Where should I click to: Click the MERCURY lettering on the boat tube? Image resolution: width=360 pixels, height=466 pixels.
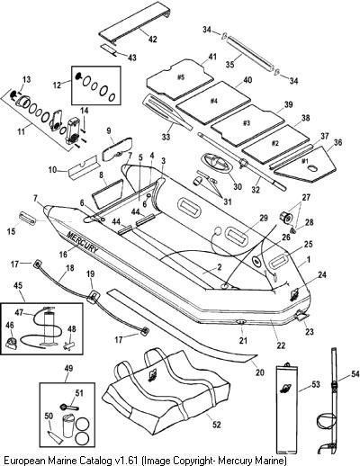coord(82,242)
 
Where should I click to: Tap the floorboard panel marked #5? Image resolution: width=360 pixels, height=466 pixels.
coord(180,79)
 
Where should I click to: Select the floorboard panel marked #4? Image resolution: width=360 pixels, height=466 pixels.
coord(213,103)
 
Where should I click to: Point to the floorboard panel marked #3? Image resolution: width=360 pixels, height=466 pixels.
coord(247,124)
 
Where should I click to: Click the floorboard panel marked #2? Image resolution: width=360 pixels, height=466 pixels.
coord(275,144)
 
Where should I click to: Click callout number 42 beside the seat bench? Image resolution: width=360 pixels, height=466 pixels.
coord(153,39)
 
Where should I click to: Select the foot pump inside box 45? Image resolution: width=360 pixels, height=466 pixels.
coord(48,326)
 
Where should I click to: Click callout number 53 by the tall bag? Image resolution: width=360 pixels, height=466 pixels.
coord(316,384)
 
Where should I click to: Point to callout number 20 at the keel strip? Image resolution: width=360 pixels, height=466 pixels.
coord(260,372)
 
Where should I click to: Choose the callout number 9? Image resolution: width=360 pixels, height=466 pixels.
coord(109,130)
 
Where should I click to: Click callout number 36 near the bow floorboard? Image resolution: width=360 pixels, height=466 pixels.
coord(337,142)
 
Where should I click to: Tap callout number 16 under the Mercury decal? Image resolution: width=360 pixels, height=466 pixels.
coord(63,255)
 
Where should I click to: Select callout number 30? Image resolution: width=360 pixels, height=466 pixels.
coord(238,186)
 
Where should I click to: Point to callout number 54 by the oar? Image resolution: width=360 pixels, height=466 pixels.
coord(355,374)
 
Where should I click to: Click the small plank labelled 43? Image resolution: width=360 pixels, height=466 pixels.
coord(108,49)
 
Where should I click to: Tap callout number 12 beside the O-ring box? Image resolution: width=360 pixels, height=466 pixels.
coord(57,85)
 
